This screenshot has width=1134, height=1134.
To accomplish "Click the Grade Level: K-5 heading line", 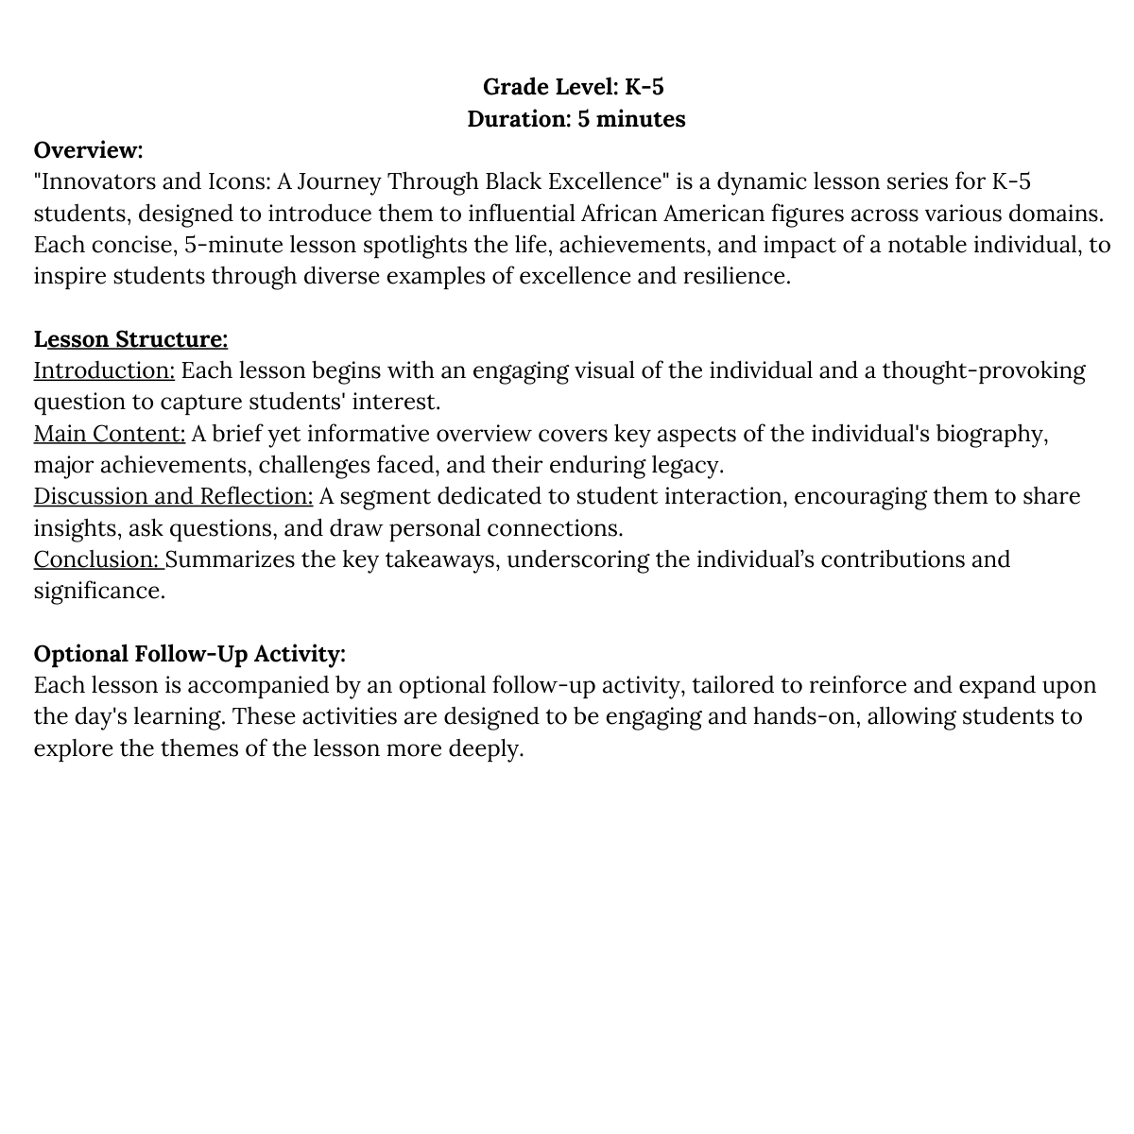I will coord(573,87).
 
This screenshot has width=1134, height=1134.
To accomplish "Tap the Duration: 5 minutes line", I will coord(576,119).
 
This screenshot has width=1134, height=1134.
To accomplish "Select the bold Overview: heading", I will coord(88,150).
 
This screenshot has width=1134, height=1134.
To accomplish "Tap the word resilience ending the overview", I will coord(735,276).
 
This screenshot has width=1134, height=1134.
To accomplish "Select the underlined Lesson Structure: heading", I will coord(130,339).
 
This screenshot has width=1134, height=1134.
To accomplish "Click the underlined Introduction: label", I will coord(104,370).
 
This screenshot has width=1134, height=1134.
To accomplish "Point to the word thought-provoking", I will coord(983,370).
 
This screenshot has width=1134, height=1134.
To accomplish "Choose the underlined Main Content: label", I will coord(110,434).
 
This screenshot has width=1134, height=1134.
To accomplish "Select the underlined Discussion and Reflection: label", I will coord(173,496).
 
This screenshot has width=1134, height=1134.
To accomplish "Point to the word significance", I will coord(99,591).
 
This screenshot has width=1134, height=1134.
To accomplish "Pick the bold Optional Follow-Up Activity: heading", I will coord(189,654).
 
